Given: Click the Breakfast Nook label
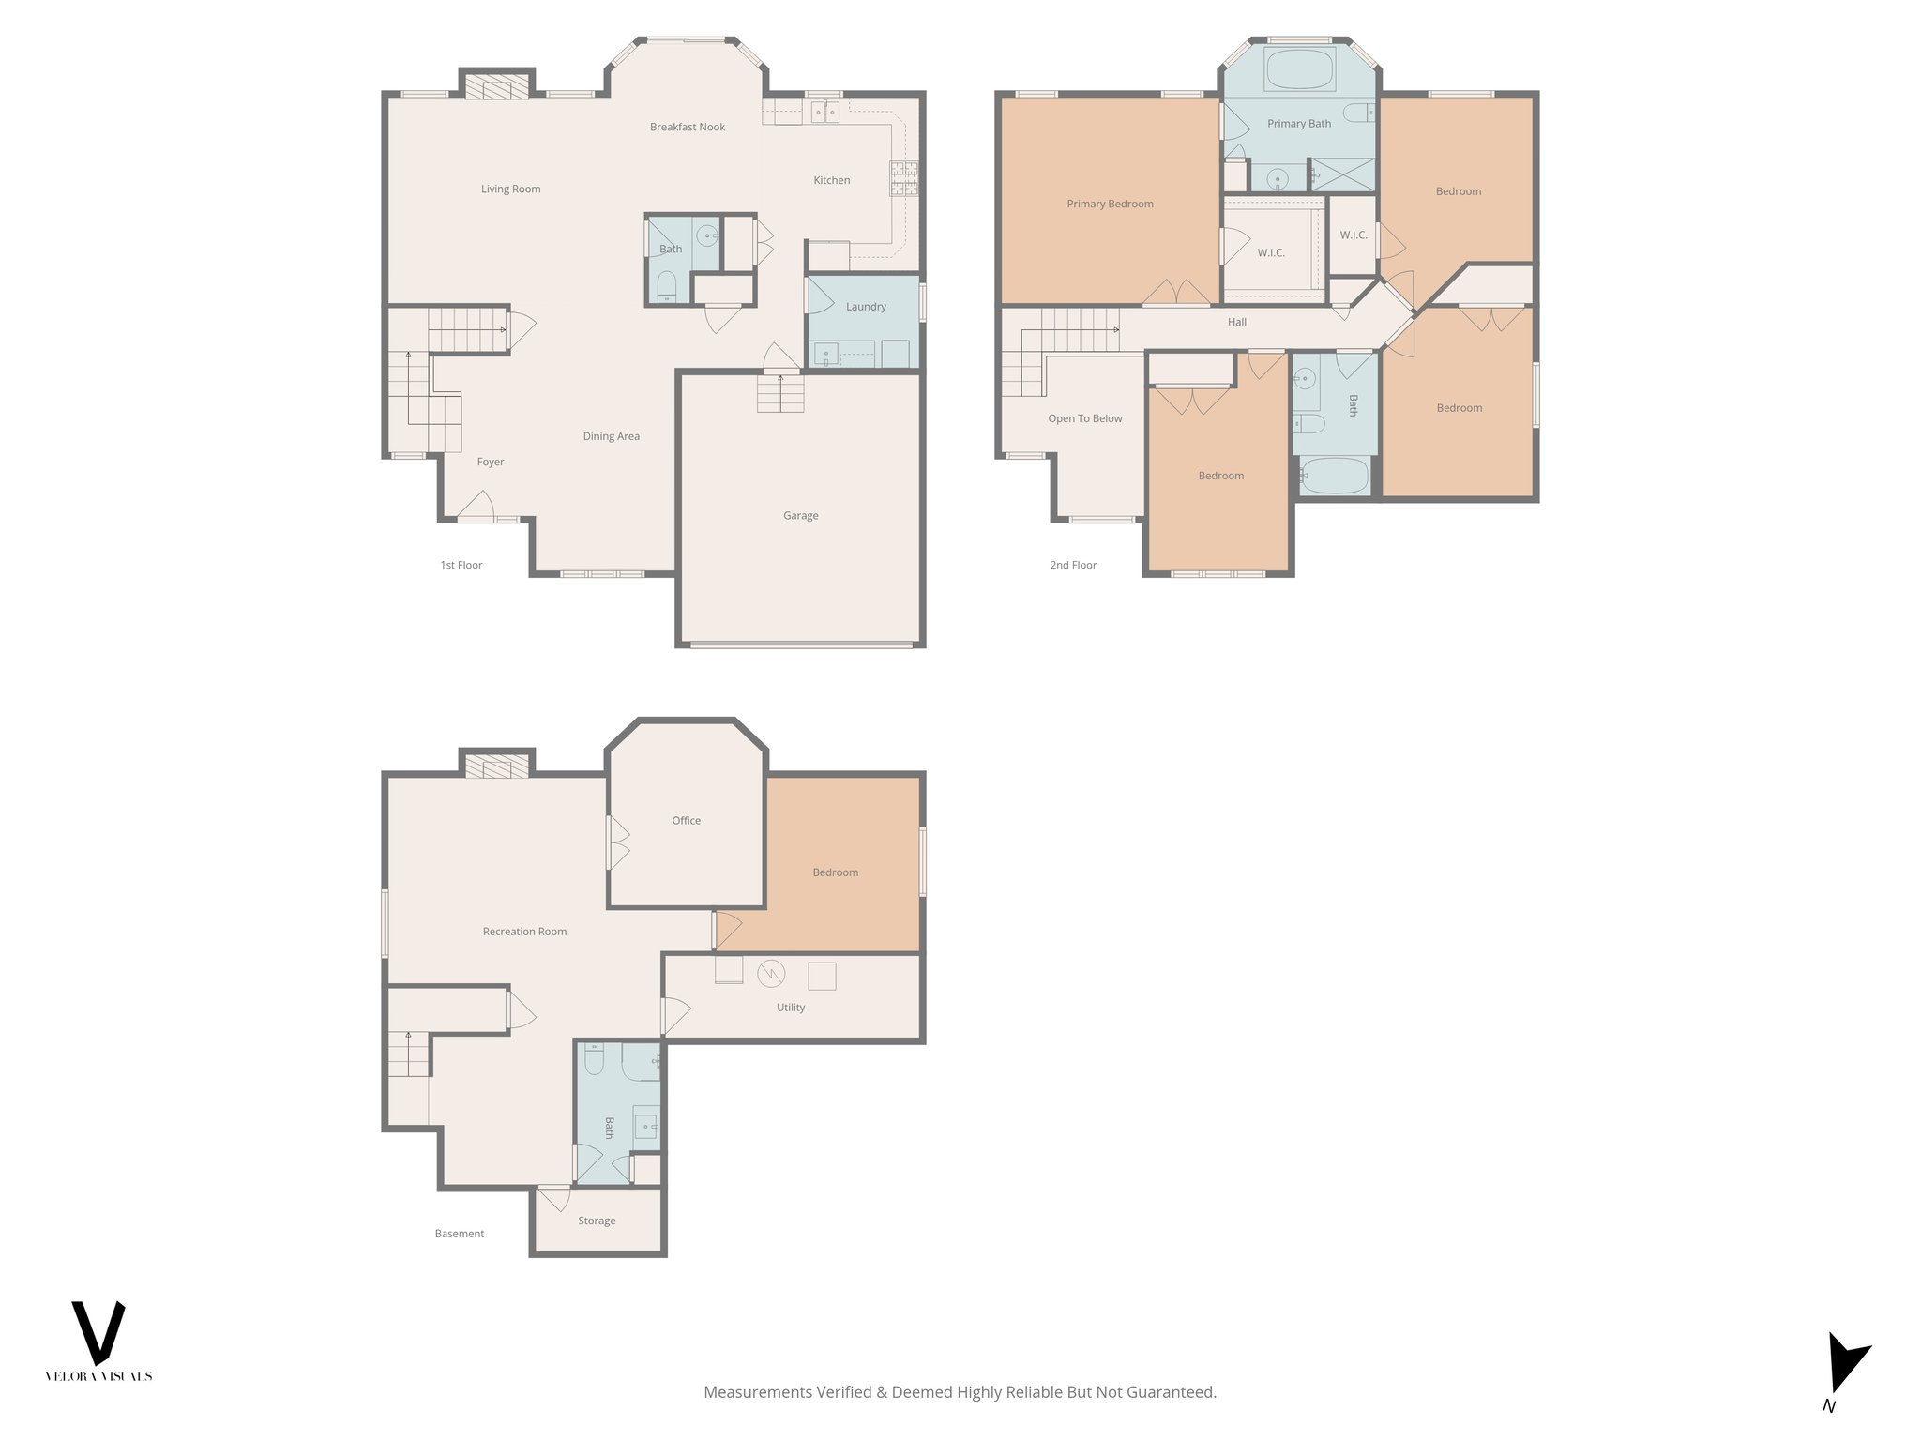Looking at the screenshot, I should tap(688, 127).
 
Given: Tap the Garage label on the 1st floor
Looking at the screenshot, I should tap(800, 515).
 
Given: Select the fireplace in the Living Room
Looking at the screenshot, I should tap(497, 88).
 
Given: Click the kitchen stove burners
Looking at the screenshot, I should tap(904, 178).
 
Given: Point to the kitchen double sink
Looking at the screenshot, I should tap(825, 113).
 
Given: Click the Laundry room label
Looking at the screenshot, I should tap(865, 306).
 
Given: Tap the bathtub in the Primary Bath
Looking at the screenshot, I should tap(1299, 70).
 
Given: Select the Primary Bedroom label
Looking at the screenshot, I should tap(1110, 204).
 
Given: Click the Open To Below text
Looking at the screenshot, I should tap(1084, 418).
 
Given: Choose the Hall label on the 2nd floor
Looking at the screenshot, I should tap(1237, 322).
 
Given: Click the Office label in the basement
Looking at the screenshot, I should tap(686, 820).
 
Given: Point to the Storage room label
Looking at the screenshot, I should tap(597, 1221).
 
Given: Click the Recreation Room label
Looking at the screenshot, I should tap(524, 932).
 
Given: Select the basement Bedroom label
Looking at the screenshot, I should tap(835, 872).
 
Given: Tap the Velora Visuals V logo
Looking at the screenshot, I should tap(98, 1332).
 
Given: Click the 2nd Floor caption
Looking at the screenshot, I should tap(1073, 565).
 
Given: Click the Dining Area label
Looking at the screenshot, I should tap(611, 436).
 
